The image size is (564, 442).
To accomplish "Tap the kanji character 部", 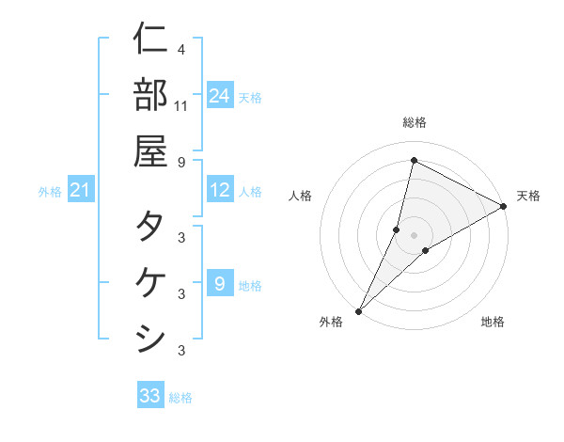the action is pos(150,94).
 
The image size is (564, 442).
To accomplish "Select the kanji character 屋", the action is pos(150,150).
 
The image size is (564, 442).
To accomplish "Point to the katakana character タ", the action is pos(150,227).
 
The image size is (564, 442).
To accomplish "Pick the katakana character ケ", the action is pos(150,282).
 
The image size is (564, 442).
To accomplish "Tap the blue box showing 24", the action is pos(220,95).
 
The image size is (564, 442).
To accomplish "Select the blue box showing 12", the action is pos(220,191).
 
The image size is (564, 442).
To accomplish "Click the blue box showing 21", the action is pos(80,191).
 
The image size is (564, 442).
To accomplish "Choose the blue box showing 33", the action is pos(150,396).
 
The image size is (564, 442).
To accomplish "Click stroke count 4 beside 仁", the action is pos(180,48).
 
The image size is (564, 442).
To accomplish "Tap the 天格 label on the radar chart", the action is pos(528,196).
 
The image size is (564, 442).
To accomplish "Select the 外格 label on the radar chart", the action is pos(331,322).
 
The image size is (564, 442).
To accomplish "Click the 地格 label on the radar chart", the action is pos(493,322).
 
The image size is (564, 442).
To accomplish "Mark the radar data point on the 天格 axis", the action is pos(504,207).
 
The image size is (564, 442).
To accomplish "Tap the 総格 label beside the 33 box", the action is pos(180,398).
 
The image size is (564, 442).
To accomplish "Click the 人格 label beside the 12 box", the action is pos(250,192).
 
